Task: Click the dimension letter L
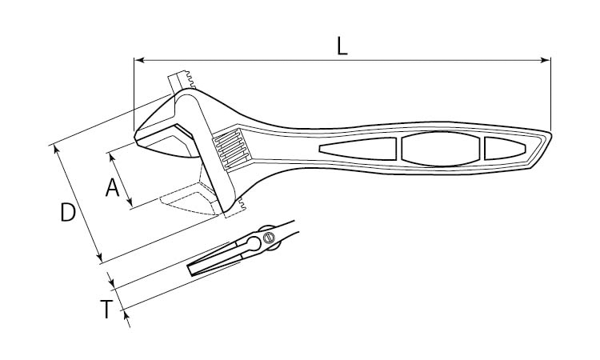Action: pos(342,46)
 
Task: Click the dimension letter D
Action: pos(68,213)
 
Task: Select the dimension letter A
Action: pos(113,188)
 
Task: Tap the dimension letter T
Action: pos(106,309)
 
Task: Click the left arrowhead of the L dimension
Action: pos(138,60)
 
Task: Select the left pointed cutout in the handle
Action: pos(358,149)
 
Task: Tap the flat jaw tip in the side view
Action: pos(192,270)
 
